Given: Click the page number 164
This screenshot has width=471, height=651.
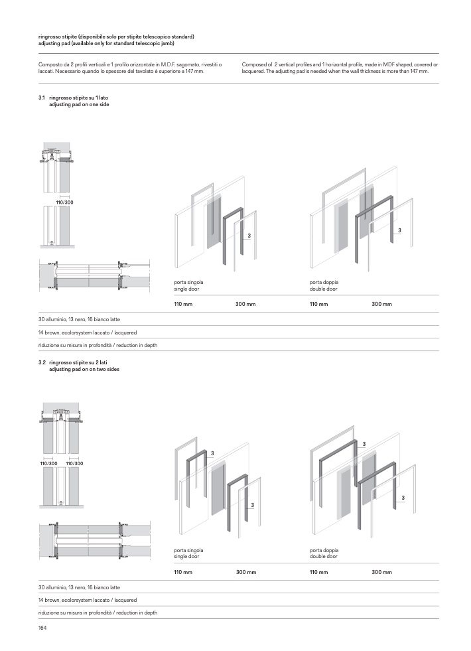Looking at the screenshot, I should coord(42,628).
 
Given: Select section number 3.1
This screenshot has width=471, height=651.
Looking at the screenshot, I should coord(42,98).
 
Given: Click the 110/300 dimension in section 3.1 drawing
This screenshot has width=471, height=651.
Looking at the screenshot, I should coord(64,202).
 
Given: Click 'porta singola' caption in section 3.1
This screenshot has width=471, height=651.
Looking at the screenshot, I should coord(188,282).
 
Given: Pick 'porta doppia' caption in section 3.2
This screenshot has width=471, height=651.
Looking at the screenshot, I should coord(324,550).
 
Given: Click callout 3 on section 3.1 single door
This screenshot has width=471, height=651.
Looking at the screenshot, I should coord(249,236).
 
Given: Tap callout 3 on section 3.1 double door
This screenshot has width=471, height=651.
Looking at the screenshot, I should coord(400,230).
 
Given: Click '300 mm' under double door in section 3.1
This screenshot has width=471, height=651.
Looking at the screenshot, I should coord(381,304).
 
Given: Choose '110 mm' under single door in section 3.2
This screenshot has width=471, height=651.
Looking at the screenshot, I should coord(183,572).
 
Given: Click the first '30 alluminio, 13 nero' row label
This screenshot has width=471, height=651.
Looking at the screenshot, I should coord(79,319).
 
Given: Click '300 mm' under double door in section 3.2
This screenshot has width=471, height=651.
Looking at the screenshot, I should coord(381,572).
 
